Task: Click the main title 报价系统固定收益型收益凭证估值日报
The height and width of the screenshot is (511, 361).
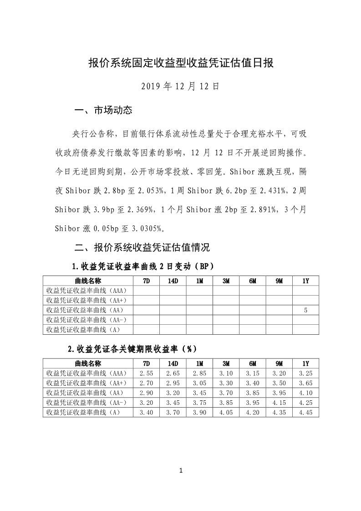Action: point(181,63)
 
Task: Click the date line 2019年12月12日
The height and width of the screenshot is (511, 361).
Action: point(181,86)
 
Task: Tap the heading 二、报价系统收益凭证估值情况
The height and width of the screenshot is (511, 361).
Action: point(142,248)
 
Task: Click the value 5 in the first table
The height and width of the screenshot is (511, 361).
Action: point(305,310)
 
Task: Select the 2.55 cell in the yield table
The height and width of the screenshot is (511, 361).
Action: point(146,373)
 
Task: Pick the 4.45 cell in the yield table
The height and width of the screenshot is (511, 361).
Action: point(305,412)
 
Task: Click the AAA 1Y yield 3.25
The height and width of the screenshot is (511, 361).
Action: point(305,373)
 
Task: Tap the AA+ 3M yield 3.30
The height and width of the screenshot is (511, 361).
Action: point(226,383)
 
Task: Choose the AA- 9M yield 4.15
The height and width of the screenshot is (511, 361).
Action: point(279,403)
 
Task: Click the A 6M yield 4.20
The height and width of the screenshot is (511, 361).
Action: point(252,412)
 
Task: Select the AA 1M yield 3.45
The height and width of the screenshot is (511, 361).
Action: point(199,393)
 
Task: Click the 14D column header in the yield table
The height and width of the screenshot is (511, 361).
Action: point(173,363)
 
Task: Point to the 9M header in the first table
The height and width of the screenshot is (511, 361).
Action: point(279,281)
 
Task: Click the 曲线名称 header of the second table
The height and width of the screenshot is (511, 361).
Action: point(88,363)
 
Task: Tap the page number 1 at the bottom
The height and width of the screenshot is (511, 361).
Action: point(181,470)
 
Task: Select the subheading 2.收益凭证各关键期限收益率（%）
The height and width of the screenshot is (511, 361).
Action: point(132,349)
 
